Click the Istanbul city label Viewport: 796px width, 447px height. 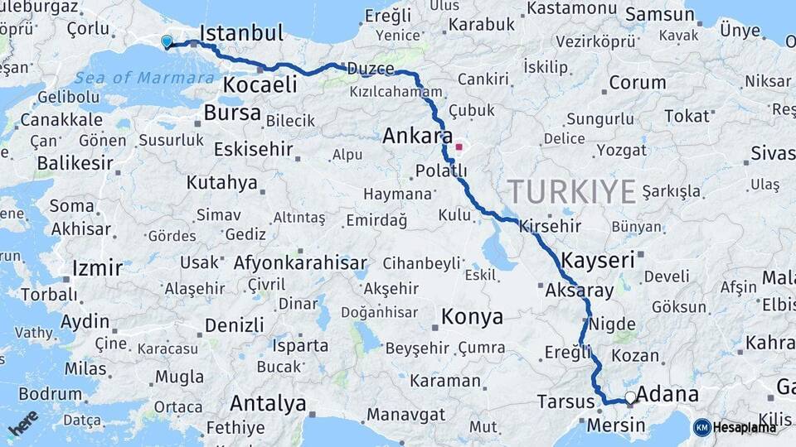(241, 33)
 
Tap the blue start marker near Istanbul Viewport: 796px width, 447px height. (167, 41)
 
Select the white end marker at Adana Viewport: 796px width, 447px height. (630, 398)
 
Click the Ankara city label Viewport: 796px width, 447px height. (417, 136)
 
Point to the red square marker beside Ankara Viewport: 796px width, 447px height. (459, 147)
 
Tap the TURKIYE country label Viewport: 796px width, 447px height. (572, 192)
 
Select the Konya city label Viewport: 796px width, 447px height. (472, 316)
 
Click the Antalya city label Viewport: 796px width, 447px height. (268, 404)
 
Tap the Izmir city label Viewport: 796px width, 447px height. (98, 268)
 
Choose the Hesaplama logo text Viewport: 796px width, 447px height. (745, 427)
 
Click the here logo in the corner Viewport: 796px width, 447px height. (23, 422)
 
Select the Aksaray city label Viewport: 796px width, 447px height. (580, 291)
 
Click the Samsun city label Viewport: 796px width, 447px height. (659, 15)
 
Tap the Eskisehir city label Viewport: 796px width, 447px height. (253, 150)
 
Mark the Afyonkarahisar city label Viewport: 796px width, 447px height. (300, 263)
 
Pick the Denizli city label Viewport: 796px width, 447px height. (234, 324)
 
